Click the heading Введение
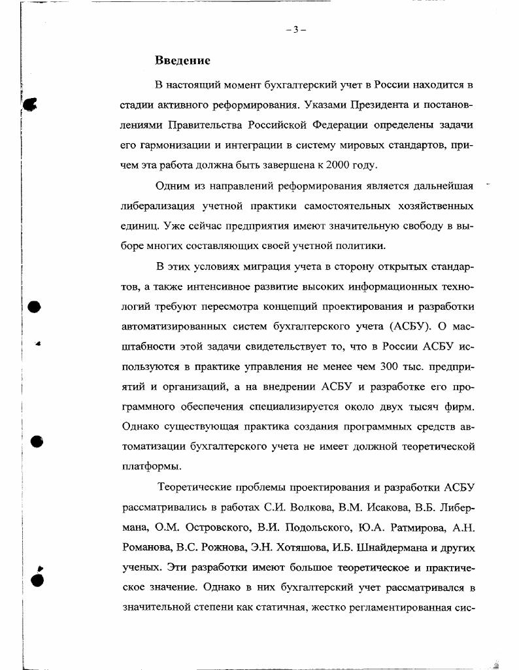click(x=182, y=61)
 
